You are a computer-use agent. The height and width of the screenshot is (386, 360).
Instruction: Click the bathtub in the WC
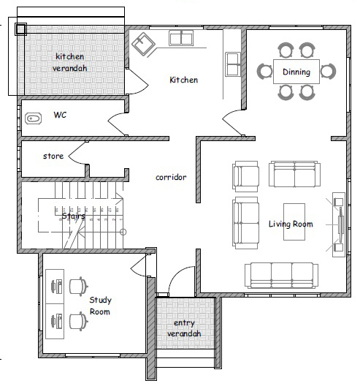(33, 118)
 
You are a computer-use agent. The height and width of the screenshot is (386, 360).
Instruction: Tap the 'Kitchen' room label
(184, 80)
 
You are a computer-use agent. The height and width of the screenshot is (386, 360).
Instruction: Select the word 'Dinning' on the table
(296, 72)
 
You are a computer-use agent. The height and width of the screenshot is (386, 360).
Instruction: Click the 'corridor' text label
(171, 177)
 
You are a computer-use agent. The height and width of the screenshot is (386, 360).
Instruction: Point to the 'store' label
(53, 156)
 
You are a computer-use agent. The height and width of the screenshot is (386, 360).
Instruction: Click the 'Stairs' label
(74, 216)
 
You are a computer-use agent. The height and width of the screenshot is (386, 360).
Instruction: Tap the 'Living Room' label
(291, 224)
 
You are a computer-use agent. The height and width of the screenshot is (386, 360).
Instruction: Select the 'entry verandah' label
(184, 328)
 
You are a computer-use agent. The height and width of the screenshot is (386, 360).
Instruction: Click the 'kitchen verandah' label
(70, 62)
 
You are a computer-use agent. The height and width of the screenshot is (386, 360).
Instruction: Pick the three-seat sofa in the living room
(281, 275)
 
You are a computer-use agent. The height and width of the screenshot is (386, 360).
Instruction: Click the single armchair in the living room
(245, 176)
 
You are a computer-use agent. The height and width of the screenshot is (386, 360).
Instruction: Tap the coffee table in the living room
(294, 222)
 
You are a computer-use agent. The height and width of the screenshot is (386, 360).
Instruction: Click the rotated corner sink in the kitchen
(143, 44)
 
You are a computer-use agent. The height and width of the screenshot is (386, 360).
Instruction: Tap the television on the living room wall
(340, 224)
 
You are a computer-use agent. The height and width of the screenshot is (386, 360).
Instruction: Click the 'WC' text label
(60, 115)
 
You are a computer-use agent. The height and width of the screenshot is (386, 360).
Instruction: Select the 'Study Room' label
(100, 306)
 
